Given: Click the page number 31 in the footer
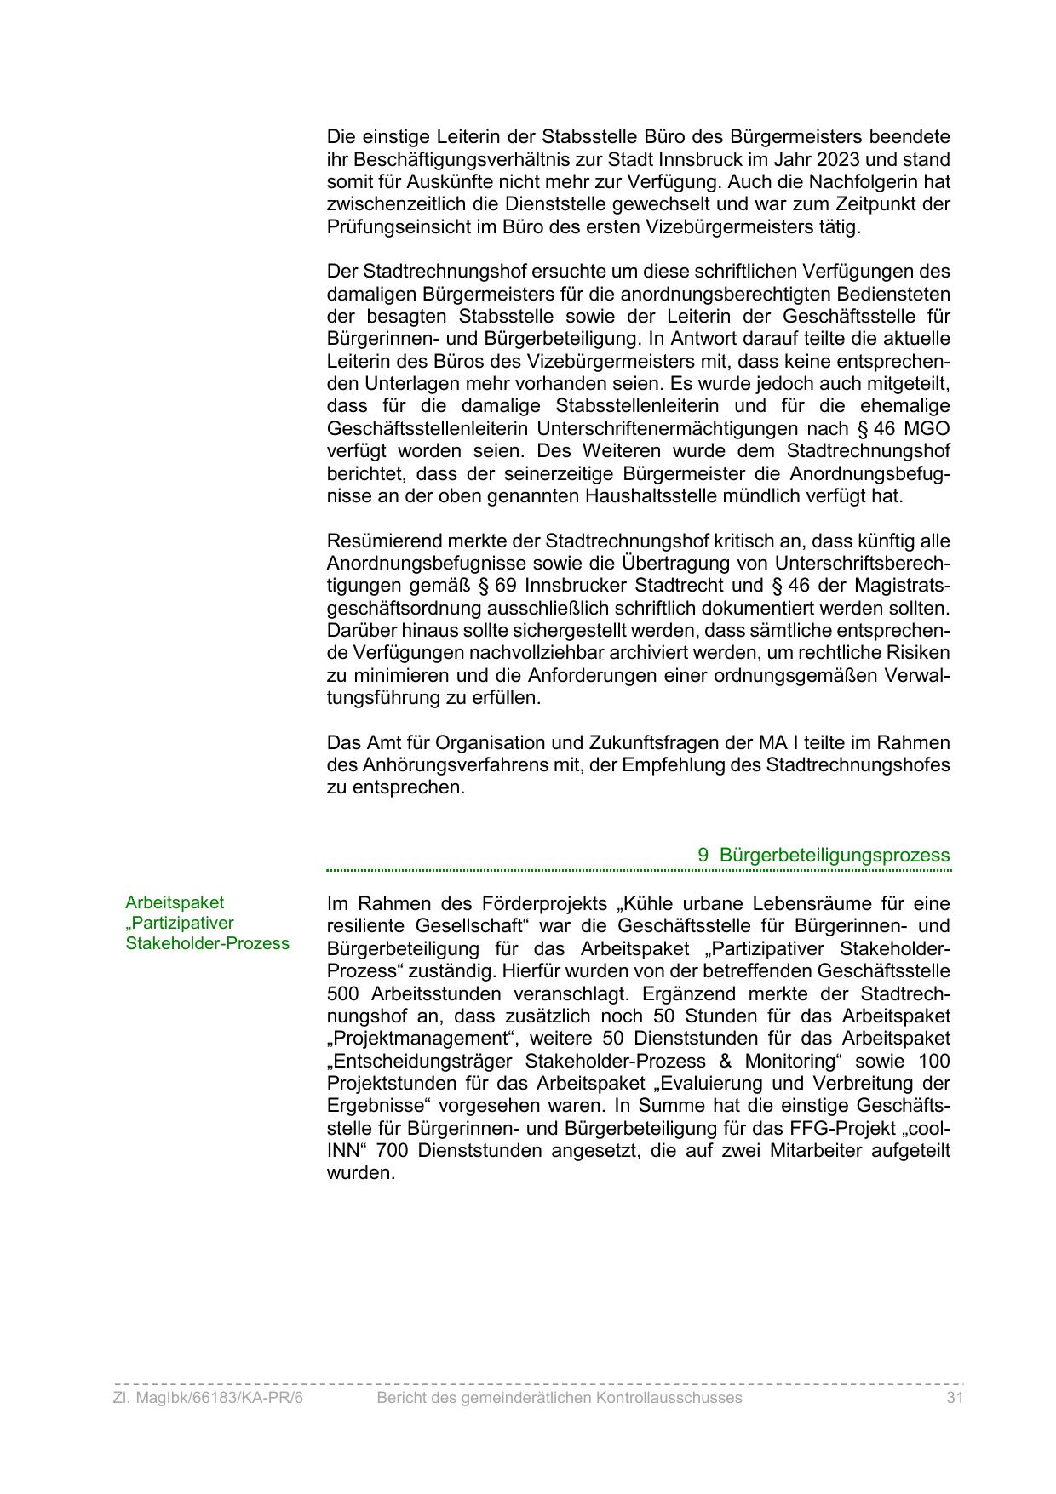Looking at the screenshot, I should (954, 1398).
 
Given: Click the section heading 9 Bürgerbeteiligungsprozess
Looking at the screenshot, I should (824, 855).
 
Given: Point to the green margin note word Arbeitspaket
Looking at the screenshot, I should (175, 902).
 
